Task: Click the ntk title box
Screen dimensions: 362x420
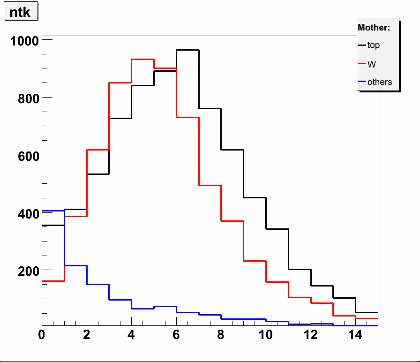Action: (20, 12)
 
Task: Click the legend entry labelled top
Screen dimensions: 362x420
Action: (374, 45)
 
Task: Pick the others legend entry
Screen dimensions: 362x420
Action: (379, 82)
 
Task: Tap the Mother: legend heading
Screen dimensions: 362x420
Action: (374, 28)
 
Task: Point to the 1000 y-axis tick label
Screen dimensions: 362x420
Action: (23, 41)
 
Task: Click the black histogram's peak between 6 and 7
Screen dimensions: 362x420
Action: (187, 50)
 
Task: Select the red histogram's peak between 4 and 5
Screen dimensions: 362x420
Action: (142, 59)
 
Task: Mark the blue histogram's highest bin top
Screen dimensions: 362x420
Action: (53, 211)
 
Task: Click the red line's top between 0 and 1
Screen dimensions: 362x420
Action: (53, 281)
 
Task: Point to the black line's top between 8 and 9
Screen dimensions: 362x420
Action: (232, 150)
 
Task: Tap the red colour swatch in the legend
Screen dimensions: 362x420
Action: (362, 64)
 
